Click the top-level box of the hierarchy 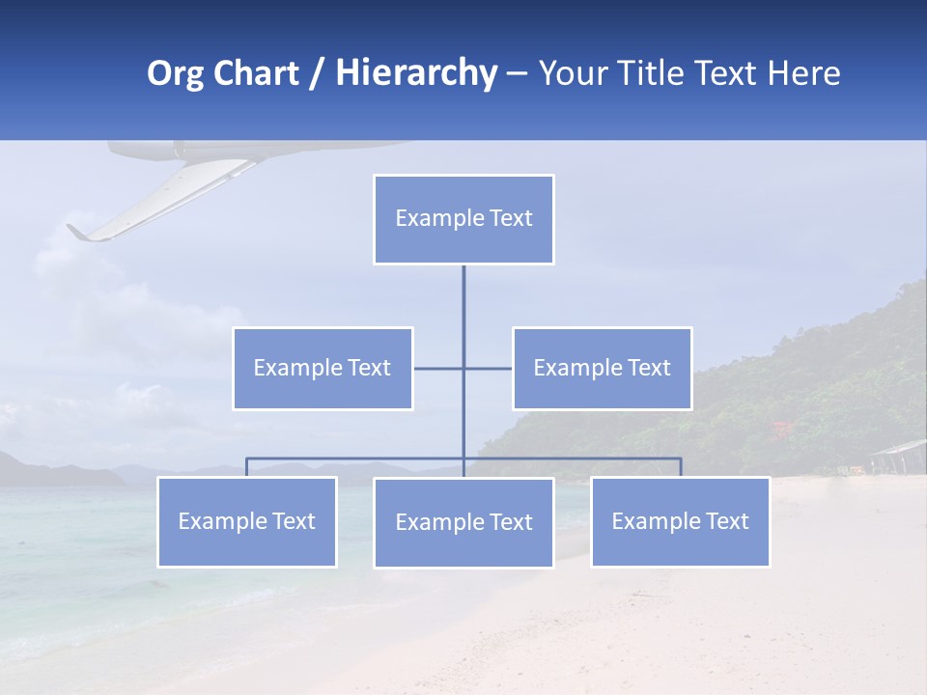[x=463, y=219]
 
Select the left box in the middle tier [x=323, y=368]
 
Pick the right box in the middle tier [x=602, y=368]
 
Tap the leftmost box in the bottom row [x=246, y=521]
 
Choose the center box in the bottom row [x=463, y=522]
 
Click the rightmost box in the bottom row [x=680, y=521]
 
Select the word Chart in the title [x=255, y=73]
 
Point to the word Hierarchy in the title [x=415, y=73]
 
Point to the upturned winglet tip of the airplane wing [x=74, y=232]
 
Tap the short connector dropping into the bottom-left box [x=246, y=467]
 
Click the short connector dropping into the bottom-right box [x=681, y=467]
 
